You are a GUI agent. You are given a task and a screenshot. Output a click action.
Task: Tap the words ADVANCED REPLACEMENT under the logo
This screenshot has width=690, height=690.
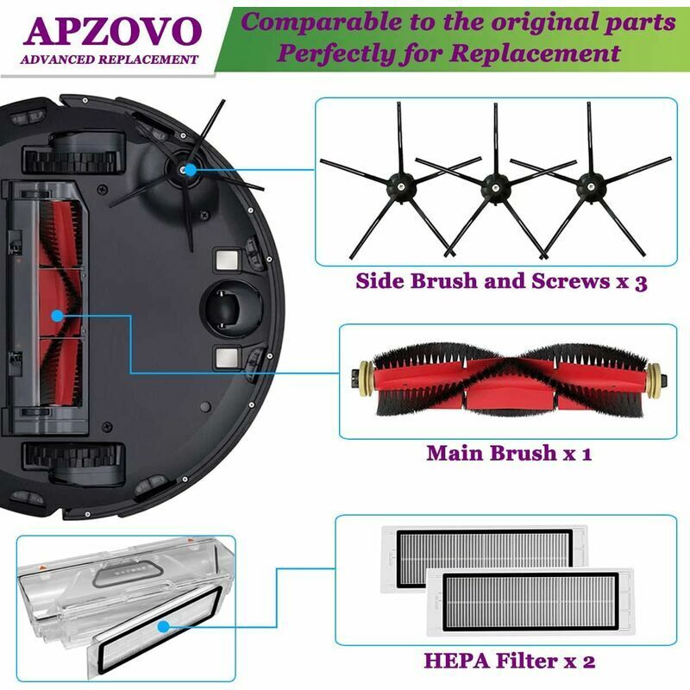110,60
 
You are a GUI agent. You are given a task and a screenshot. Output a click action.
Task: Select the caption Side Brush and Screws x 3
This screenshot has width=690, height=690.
501,282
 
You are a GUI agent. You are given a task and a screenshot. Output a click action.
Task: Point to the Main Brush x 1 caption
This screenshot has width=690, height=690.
509,452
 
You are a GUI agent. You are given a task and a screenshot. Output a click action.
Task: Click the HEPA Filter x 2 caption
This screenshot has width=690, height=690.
509,662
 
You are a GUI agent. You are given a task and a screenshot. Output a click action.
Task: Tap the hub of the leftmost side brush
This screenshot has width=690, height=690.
398,184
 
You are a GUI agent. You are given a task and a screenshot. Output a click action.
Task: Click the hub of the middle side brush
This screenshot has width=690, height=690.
493,184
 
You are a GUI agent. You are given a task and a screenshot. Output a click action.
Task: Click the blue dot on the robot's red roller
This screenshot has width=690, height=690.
57,316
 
